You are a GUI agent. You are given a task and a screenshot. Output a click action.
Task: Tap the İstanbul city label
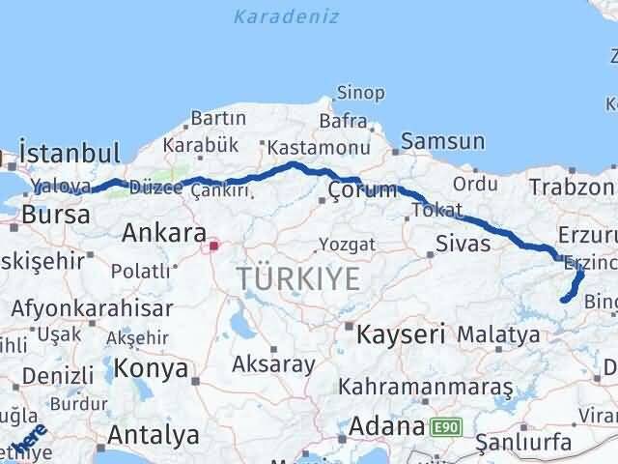70,153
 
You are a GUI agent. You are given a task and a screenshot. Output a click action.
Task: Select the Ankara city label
164,233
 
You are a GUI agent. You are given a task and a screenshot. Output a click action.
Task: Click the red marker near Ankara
213,246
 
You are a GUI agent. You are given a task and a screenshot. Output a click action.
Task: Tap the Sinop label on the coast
360,93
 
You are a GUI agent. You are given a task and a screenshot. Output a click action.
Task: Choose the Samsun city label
442,141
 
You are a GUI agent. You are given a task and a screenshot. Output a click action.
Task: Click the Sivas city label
463,242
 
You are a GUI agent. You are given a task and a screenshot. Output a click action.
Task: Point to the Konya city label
151,368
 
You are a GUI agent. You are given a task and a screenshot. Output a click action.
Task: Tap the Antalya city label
154,434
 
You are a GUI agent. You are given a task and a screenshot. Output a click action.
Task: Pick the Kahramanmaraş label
426,387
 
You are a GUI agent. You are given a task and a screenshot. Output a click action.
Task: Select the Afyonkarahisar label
93,309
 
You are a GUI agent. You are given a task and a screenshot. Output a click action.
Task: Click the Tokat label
435,210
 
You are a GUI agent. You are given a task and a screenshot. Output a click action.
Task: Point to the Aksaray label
273,364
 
